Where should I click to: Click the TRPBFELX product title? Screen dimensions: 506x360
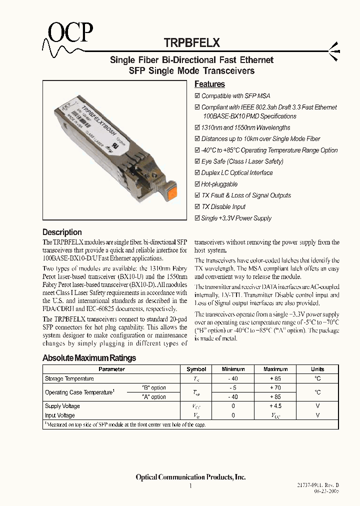pos(192,43)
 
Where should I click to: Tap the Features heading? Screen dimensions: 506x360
pos(209,84)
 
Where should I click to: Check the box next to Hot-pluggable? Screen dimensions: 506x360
pos(197,184)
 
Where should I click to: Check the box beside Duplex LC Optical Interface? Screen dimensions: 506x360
pos(197,173)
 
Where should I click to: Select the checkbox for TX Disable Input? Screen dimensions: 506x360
pos(197,207)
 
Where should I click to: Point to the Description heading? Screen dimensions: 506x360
pos(62,232)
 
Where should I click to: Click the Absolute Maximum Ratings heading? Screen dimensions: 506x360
pos(89,358)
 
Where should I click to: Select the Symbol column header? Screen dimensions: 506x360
pos(196,369)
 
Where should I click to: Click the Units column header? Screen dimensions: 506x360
pos(317,369)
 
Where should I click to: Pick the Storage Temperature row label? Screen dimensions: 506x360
pos(69,379)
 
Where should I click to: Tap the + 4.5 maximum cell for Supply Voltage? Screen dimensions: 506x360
pos(275,406)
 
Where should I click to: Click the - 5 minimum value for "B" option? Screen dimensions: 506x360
pos(233,387)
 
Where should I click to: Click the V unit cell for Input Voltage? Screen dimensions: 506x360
pos(317,415)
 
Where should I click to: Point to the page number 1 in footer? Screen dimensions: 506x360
pos(190,485)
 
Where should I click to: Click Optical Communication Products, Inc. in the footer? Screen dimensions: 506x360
pos(190,477)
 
